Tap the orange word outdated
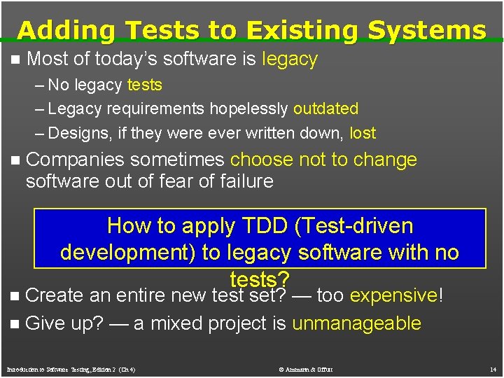[x=325, y=109]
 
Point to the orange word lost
[x=363, y=133]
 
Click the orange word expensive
[x=393, y=296]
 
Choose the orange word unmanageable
[x=356, y=323]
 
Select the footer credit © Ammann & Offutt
[x=307, y=368]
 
